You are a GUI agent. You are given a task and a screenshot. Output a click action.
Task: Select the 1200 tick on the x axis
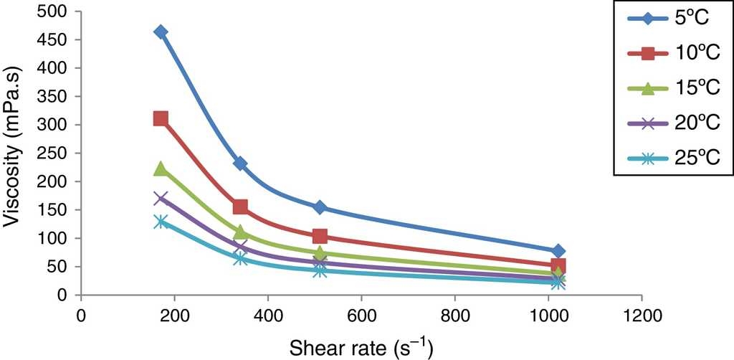click(x=642, y=313)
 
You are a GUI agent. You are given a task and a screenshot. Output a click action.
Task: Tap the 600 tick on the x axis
click(x=361, y=313)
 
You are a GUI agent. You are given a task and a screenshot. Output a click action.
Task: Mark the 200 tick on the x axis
click(x=174, y=313)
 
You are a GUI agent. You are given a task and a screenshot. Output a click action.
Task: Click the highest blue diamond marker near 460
click(x=161, y=32)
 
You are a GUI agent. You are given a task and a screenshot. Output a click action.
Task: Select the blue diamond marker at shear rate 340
click(x=240, y=164)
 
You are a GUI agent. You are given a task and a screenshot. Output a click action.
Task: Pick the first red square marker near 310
click(x=161, y=118)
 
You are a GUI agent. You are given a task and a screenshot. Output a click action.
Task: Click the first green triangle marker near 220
click(x=161, y=169)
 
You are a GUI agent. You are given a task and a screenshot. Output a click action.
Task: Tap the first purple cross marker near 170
click(x=161, y=198)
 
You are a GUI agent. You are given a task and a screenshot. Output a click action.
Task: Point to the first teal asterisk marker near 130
click(x=161, y=222)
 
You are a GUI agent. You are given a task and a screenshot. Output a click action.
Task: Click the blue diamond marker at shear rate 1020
click(x=558, y=251)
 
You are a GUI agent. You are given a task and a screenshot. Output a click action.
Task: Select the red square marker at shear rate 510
click(x=320, y=237)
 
